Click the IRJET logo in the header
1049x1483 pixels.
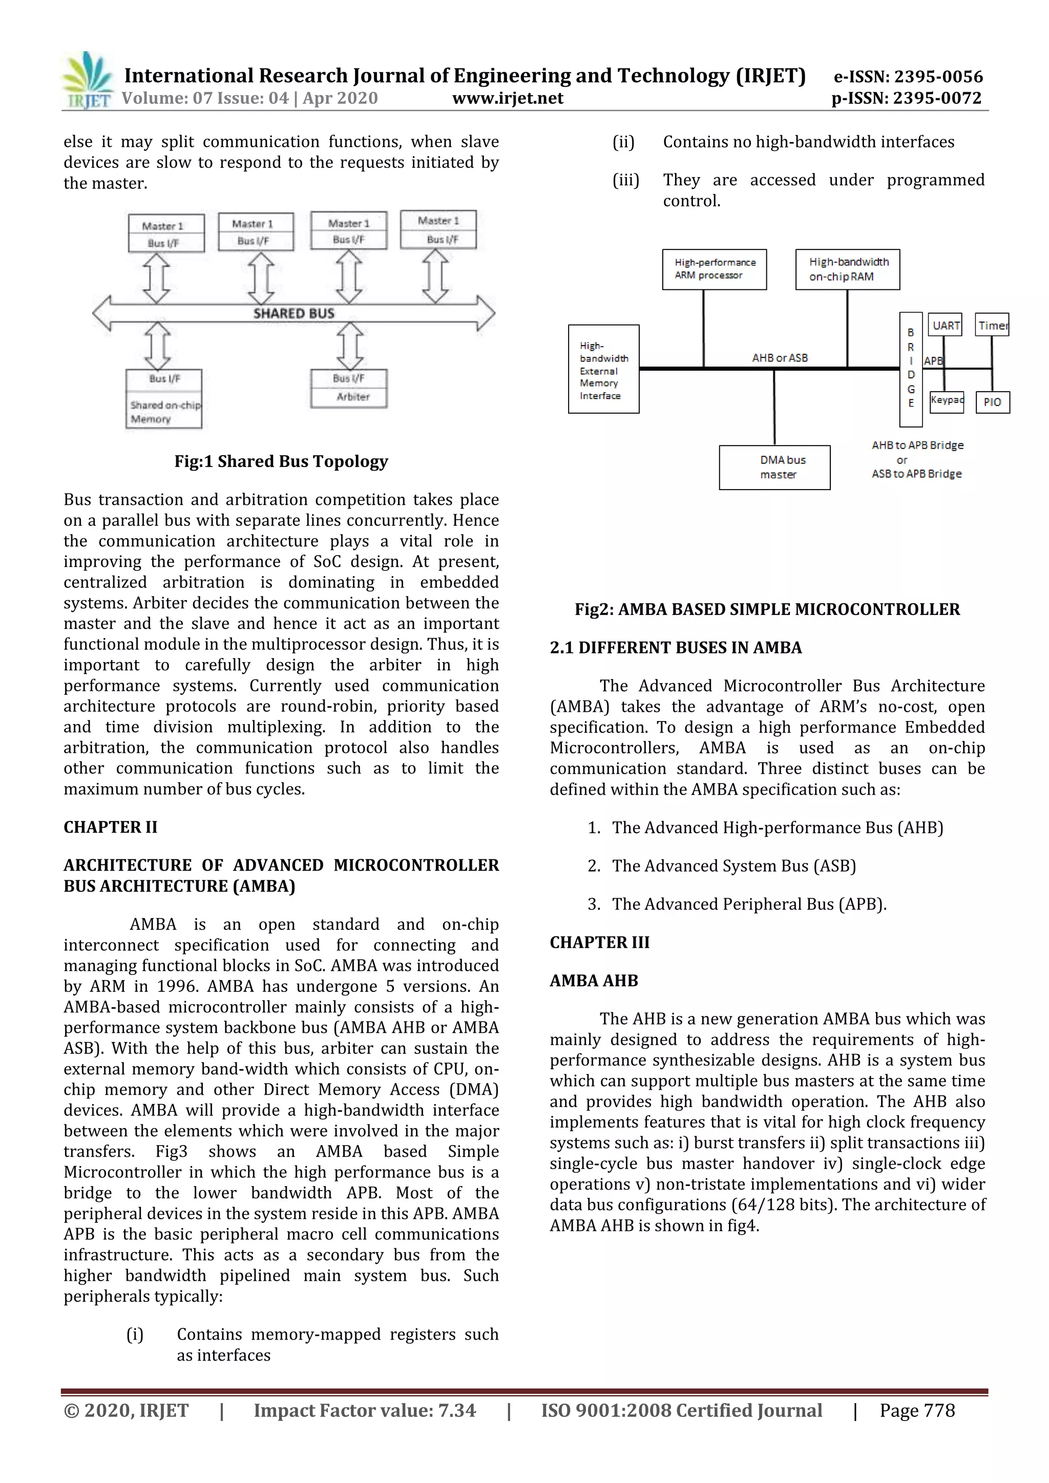click(x=87, y=81)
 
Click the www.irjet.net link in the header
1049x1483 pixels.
click(x=508, y=98)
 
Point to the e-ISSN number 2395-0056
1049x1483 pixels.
click(x=908, y=77)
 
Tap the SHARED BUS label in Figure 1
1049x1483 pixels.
click(x=294, y=314)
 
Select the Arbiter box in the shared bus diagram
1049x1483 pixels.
click(x=349, y=389)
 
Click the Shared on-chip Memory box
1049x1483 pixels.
click(x=164, y=399)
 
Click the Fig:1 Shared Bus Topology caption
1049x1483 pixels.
click(x=281, y=461)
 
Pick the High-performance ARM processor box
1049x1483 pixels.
click(x=715, y=269)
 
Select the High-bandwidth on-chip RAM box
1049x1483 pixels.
click(x=848, y=269)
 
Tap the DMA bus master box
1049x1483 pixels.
click(x=774, y=467)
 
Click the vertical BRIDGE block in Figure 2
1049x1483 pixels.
click(x=911, y=369)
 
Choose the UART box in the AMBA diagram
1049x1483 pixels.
click(x=945, y=325)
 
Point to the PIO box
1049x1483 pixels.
click(x=992, y=402)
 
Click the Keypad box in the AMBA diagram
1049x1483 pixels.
click(x=946, y=401)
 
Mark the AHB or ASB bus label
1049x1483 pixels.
click(x=780, y=358)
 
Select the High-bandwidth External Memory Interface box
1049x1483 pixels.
click(x=603, y=369)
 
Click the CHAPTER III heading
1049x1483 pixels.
click(x=599, y=942)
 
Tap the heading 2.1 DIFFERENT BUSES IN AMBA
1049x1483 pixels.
click(x=676, y=648)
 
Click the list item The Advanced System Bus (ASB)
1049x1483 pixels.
click(x=734, y=866)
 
